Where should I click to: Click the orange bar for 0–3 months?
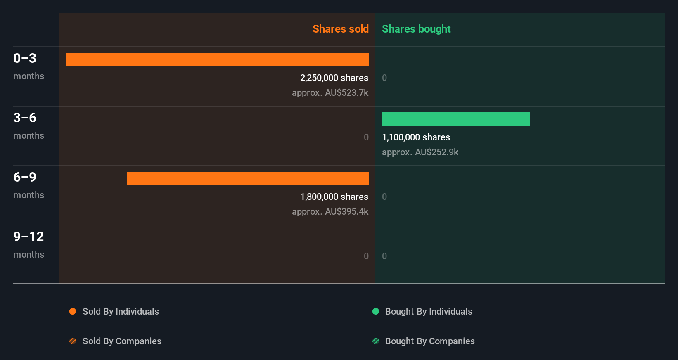pyautogui.click(x=217, y=59)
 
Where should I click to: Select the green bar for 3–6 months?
pyautogui.click(x=455, y=119)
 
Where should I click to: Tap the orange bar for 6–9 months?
pyautogui.click(x=248, y=178)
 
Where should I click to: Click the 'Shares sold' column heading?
pyautogui.click(x=340, y=29)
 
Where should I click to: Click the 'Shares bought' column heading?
pyautogui.click(x=416, y=29)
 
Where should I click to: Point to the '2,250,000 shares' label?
pyautogui.click(x=334, y=78)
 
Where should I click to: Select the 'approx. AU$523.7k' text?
pyautogui.click(x=330, y=92)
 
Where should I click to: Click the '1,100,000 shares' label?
pyautogui.click(x=416, y=137)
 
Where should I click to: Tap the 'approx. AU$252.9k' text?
pyautogui.click(x=420, y=152)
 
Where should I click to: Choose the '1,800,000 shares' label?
pyautogui.click(x=334, y=197)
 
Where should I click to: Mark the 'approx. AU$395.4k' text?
pyautogui.click(x=330, y=211)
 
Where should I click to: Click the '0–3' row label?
pyautogui.click(x=25, y=58)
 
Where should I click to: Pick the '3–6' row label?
pyautogui.click(x=25, y=118)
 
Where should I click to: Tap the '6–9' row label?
pyautogui.click(x=25, y=177)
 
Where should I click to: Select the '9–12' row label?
pyautogui.click(x=28, y=237)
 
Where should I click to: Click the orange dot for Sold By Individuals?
pyautogui.click(x=73, y=311)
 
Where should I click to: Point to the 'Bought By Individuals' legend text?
pyautogui.click(x=429, y=311)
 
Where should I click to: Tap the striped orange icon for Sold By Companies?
pyautogui.click(x=73, y=341)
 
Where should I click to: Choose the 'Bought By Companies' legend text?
pyautogui.click(x=430, y=341)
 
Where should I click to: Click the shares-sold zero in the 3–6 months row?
pyautogui.click(x=366, y=137)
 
